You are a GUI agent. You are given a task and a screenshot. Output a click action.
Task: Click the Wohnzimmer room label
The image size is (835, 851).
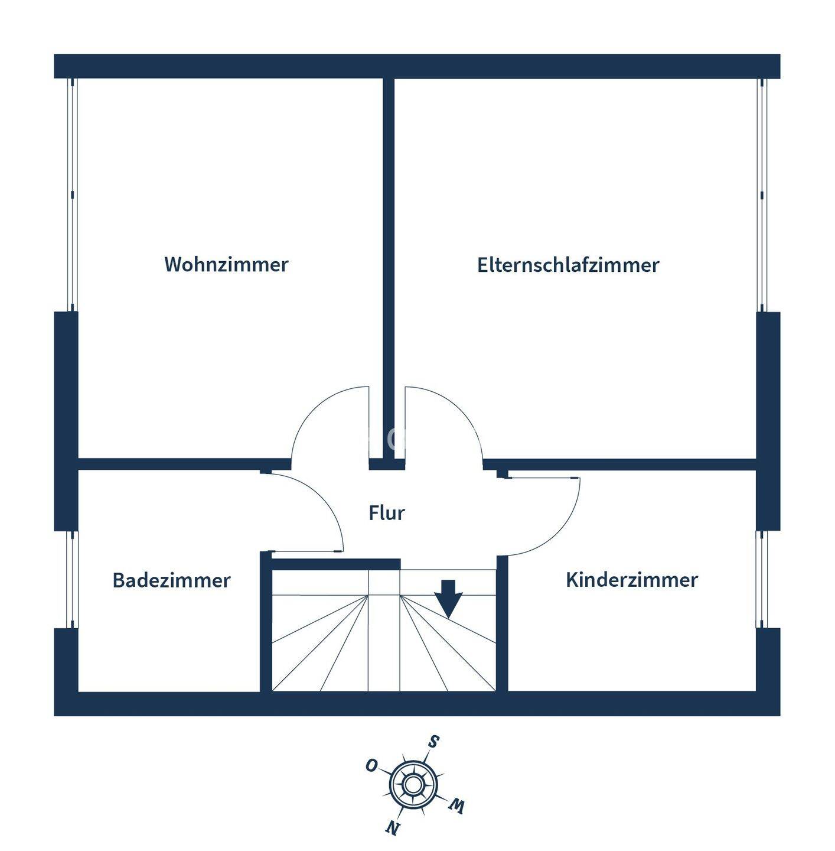click(226, 264)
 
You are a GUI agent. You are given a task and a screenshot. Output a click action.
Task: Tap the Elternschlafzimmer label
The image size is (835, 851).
click(567, 265)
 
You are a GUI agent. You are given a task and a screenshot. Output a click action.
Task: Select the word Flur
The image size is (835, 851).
click(387, 512)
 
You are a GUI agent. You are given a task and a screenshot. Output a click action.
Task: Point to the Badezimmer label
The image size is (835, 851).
click(171, 580)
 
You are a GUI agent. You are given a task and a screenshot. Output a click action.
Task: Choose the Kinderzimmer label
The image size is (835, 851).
click(631, 579)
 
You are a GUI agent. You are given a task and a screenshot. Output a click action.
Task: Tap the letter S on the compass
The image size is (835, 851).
click(433, 742)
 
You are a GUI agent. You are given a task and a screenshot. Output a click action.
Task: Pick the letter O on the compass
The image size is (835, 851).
click(371, 766)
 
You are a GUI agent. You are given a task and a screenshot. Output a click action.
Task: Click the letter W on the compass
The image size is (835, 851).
click(456, 805)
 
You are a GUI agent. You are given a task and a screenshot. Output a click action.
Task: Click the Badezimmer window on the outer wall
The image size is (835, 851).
click(71, 579)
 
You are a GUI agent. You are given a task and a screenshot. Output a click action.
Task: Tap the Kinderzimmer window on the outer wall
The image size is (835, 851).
click(762, 579)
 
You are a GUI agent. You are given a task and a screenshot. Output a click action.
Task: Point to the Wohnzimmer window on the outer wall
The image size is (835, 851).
click(71, 195)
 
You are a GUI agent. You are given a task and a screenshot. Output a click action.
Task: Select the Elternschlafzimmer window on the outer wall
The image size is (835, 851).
click(762, 195)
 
